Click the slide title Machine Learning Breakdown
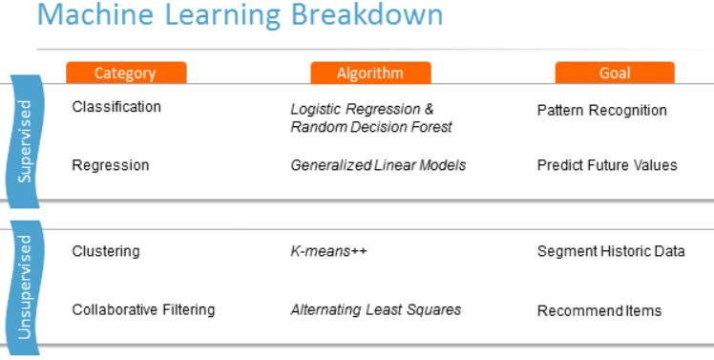tap(240, 16)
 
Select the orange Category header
tap(125, 74)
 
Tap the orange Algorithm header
tap(370, 74)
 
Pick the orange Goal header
tap(615, 74)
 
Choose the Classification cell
tap(116, 107)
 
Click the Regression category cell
tap(111, 165)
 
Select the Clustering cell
tap(106, 251)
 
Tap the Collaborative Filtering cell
tap(143, 309)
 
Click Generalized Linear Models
tap(378, 165)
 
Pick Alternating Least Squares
tap(376, 309)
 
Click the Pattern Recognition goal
tap(602, 110)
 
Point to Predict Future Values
tap(607, 165)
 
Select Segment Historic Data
tap(611, 251)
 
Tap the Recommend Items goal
tap(599, 310)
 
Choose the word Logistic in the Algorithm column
tap(316, 110)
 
